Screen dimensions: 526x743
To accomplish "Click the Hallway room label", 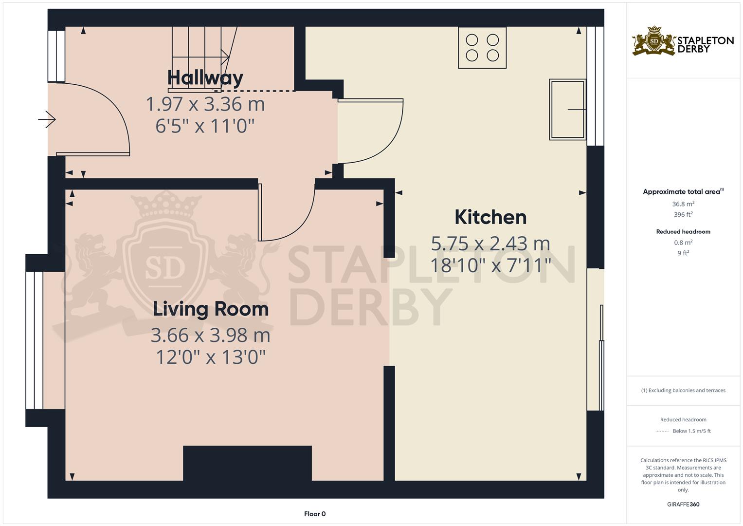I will pos(205,78).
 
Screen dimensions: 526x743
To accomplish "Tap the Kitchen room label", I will pos(490,217).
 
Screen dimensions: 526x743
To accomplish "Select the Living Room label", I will pos(211,309).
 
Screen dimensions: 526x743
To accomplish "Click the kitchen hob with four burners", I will pos(482,47).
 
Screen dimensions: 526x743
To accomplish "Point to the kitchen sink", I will pos(567,110).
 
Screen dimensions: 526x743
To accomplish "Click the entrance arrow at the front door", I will pos(48,119).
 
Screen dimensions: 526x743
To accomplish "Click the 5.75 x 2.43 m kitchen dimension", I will pos(490,243).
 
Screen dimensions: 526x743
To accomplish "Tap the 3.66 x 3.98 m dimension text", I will pos(210,336).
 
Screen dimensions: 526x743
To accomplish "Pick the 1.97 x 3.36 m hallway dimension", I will pos(205,104).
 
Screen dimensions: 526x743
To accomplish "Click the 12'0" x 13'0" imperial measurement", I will pos(210,357).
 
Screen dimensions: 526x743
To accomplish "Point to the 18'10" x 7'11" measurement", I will pos(490,265).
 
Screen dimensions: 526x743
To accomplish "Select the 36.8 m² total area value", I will pos(683,204).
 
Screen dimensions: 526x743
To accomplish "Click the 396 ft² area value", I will pos(683,215).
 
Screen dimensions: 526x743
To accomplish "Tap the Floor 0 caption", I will pos(315,514).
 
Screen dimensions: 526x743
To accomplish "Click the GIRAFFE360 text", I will pos(683,505).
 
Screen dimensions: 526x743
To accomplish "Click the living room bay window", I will pos(35,340).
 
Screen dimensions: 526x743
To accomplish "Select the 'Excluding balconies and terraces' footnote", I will pos(683,391).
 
